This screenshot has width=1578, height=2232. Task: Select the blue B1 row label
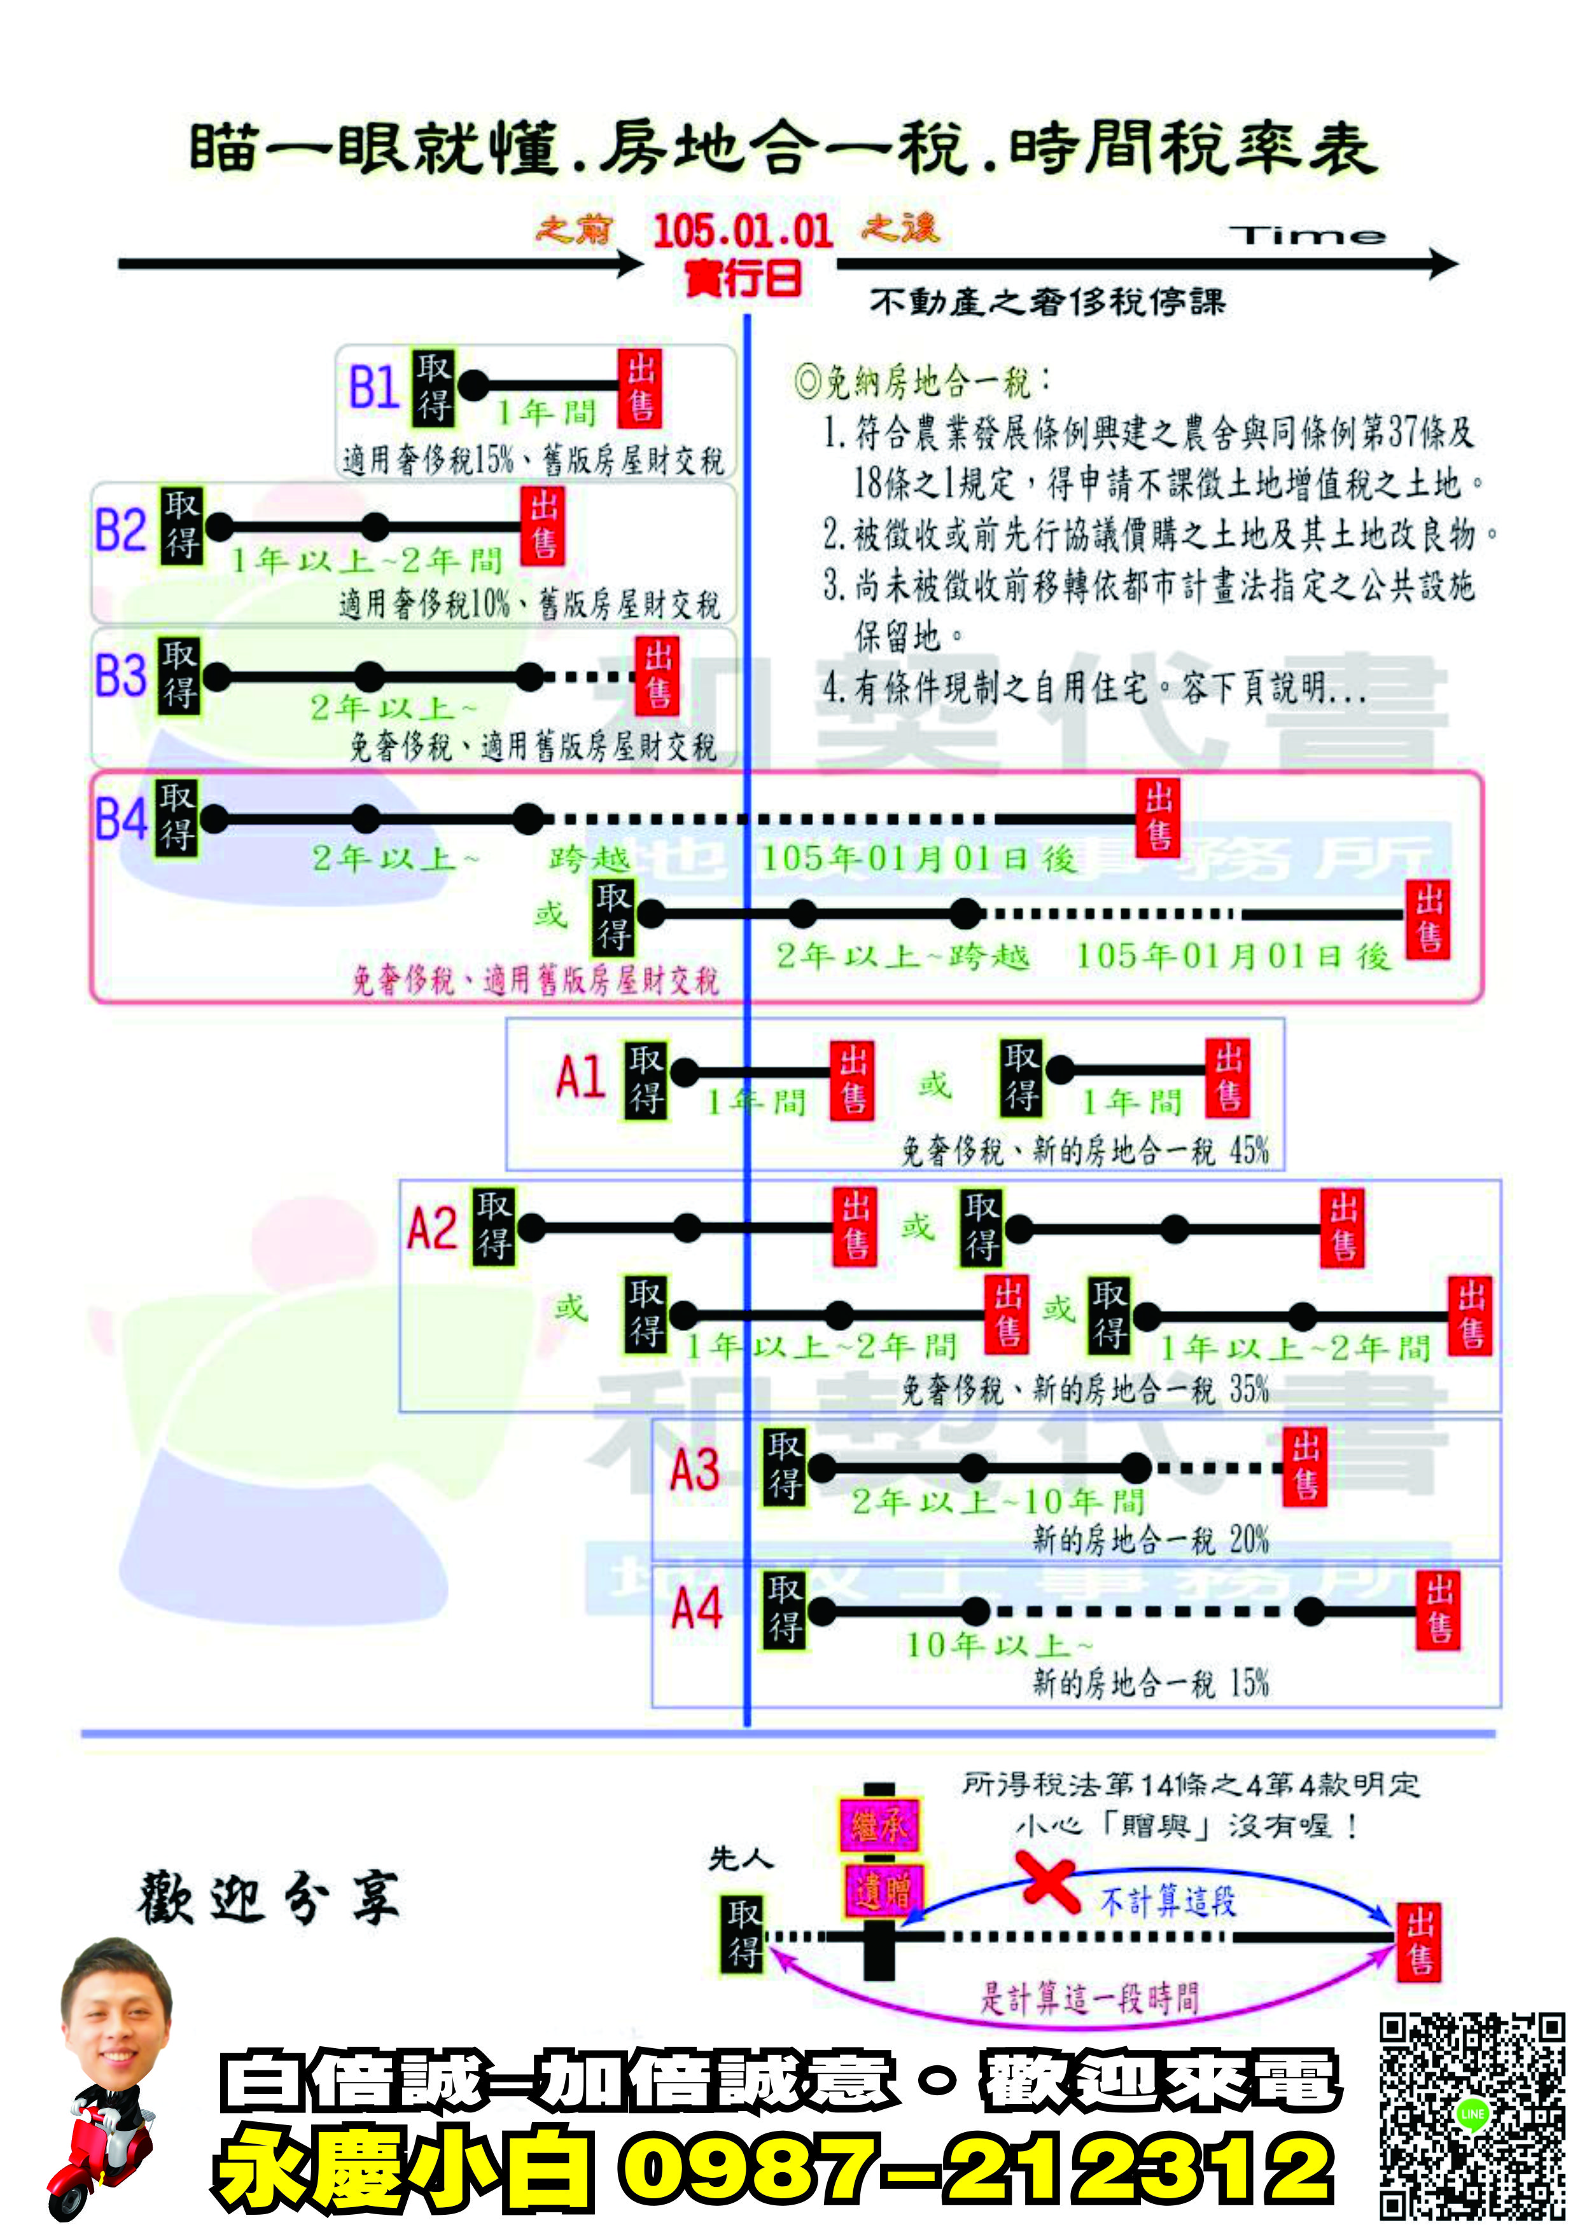pos(374,387)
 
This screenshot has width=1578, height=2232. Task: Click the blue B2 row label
pos(120,531)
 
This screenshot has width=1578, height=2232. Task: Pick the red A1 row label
pos(580,1077)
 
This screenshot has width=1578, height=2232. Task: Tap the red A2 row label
pos(431,1228)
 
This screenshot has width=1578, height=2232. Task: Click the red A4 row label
pos(696,1609)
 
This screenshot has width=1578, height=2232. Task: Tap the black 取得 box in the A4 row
pos(784,1610)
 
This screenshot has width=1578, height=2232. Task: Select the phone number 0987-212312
pos(976,2170)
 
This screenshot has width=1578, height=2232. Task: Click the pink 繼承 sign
pos(878,1825)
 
